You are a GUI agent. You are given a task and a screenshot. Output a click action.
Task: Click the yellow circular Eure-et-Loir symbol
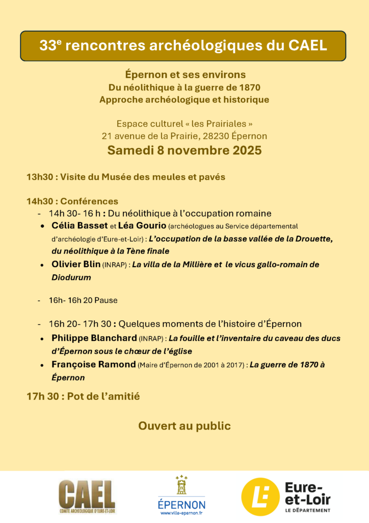click(x=260, y=496)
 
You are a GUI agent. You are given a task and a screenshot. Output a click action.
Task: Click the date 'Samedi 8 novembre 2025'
click(x=184, y=151)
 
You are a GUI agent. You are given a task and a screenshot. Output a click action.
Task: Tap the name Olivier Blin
click(x=76, y=265)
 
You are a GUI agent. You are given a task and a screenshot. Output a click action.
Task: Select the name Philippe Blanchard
click(x=94, y=338)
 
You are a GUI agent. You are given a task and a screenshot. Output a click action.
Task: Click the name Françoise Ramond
click(x=94, y=365)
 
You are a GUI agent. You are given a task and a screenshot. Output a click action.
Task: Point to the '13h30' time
click(x=39, y=177)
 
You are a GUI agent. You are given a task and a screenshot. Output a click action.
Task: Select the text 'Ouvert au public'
click(x=184, y=425)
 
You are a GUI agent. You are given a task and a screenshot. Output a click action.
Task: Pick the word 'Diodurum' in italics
click(x=71, y=278)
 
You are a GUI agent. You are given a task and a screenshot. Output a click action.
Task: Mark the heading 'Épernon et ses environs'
click(x=186, y=75)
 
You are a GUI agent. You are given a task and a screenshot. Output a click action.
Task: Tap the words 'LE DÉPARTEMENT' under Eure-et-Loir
click(x=308, y=510)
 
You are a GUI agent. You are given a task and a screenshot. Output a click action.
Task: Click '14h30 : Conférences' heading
click(x=72, y=201)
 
